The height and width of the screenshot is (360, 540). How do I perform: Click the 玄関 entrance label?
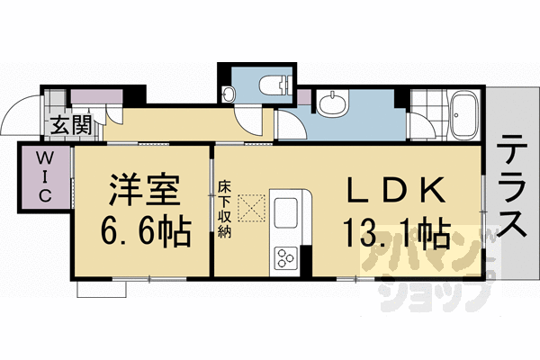coord(69,125)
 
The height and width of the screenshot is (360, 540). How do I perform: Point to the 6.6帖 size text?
coord(145,232)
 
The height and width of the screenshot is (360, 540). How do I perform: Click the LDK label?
coord(393,192)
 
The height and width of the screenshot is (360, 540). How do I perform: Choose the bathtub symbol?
coord(463,116)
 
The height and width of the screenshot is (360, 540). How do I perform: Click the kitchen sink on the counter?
coord(290,213)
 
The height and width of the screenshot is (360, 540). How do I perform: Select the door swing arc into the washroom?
coord(292,121)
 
